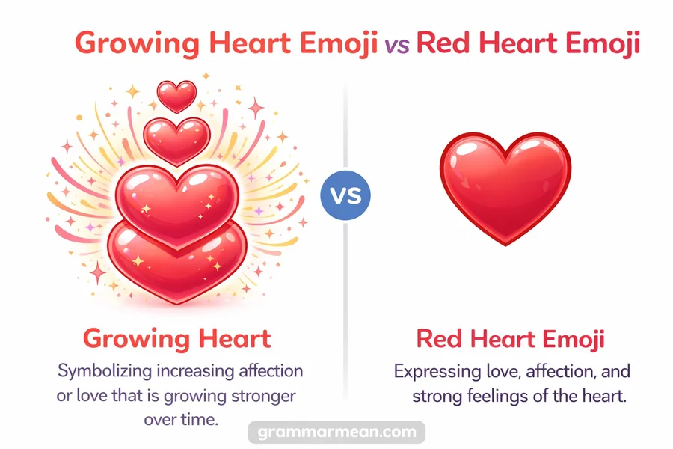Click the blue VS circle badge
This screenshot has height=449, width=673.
tap(345, 197)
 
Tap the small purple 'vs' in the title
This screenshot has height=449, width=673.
tap(396, 44)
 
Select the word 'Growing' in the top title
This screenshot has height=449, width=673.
tap(138, 42)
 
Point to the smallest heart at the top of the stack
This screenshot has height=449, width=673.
tap(177, 95)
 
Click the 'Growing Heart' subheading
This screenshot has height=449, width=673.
tap(177, 338)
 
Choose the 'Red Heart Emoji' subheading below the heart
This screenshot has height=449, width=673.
tap(510, 338)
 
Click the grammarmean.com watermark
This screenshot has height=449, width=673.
tap(336, 433)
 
